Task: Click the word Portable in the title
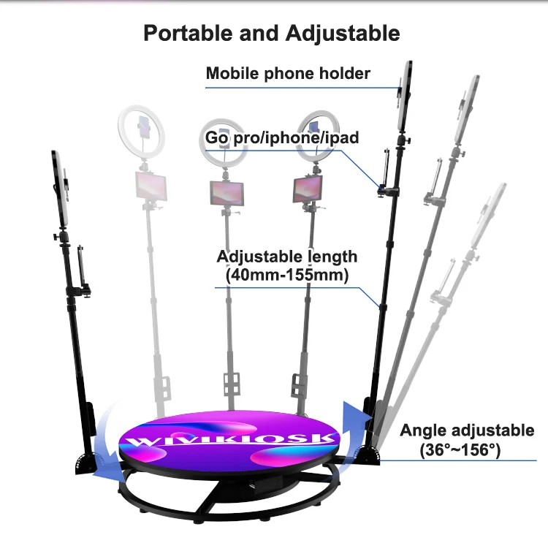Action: (x=187, y=33)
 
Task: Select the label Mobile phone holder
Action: (x=288, y=73)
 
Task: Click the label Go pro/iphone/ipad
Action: (x=281, y=137)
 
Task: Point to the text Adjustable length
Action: (x=287, y=257)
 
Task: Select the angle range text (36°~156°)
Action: (x=460, y=449)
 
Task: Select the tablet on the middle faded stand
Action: (x=227, y=193)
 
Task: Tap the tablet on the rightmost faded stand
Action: (x=307, y=189)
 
